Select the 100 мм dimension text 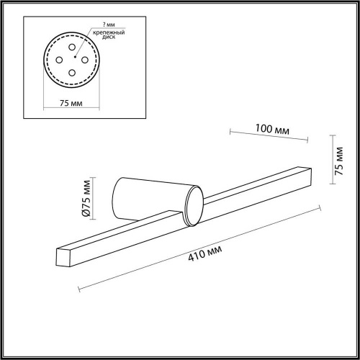point(273,130)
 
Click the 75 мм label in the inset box point(68,103)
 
